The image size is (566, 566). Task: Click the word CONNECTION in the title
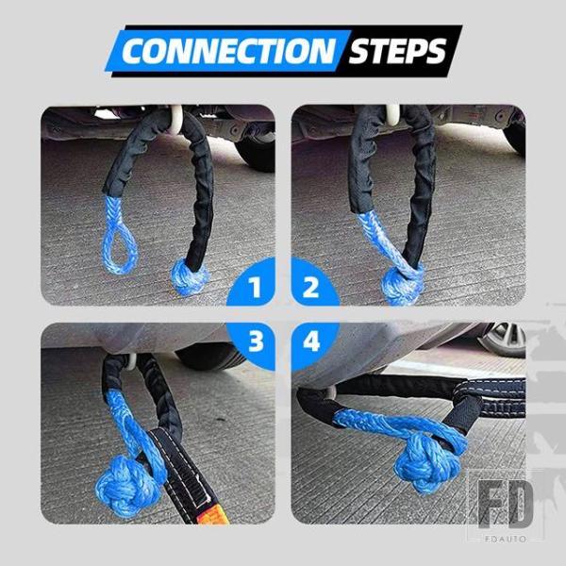pos(229,51)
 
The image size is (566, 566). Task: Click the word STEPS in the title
pos(397,51)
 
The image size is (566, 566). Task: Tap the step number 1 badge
pos(254,285)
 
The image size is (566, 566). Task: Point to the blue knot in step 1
pos(189,276)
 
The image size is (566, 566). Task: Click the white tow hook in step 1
pos(177,119)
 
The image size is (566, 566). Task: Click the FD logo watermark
pos(506,504)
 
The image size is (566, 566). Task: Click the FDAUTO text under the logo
pos(506,540)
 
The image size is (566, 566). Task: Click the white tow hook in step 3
pos(132,362)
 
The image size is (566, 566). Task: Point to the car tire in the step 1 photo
pos(257,152)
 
